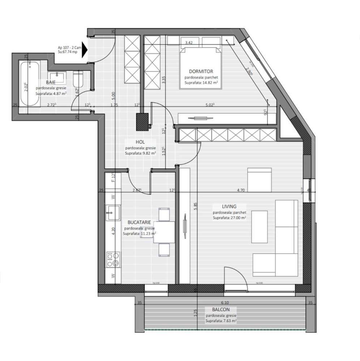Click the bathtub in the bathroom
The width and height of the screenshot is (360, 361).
30,84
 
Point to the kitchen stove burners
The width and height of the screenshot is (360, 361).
112,259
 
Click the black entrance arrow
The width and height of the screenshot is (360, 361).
84,50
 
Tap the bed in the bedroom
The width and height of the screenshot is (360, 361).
201,69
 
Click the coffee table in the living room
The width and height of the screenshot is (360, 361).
260,227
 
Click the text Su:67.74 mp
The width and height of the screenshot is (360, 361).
68,52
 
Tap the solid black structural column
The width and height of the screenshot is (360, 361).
142,122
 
